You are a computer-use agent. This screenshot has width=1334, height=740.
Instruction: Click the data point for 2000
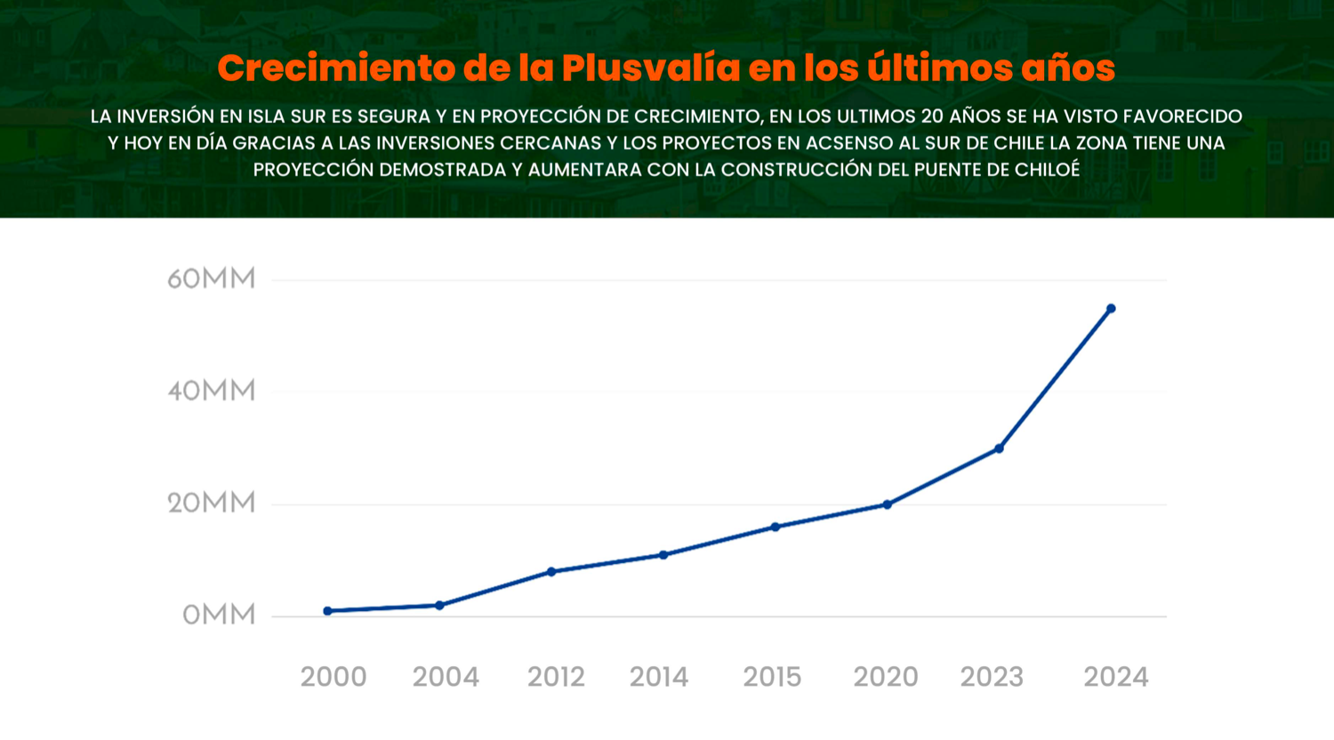pos(328,611)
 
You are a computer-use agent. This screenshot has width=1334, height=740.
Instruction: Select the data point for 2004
pos(439,606)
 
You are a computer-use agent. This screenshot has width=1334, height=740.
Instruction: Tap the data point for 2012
pos(551,572)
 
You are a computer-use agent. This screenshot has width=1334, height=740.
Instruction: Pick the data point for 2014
pos(663,555)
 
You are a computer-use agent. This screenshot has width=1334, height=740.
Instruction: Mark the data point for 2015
pos(775,527)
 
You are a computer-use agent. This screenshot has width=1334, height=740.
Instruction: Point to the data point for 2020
pos(888,504)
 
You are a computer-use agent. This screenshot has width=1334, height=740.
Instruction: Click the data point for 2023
pos(1000,448)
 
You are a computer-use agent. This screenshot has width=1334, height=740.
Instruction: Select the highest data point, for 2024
pos(1111,309)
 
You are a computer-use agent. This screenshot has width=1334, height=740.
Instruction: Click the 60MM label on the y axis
pos(212,279)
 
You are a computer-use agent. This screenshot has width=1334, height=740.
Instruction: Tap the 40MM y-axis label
pos(212,391)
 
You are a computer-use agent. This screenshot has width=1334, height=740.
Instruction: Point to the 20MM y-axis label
pos(212,503)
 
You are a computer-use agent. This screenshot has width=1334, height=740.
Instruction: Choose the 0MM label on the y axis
pos(219,615)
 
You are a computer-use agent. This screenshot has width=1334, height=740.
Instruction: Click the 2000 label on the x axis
pos(333,677)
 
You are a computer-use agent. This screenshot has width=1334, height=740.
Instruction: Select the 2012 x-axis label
pos(556,677)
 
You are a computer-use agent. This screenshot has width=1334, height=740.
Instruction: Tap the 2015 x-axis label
pos(772,677)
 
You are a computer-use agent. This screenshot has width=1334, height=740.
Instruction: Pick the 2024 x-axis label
pos(1116,677)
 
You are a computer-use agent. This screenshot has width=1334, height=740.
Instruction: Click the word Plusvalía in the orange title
pos(651,68)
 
